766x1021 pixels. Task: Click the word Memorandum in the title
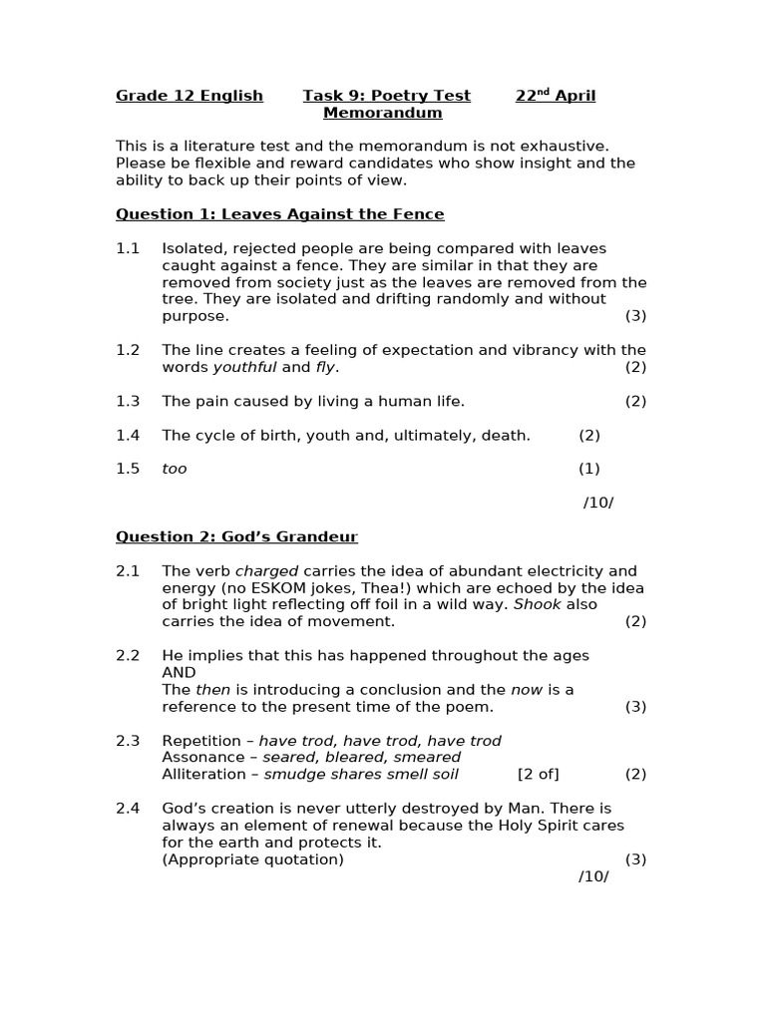[382, 114]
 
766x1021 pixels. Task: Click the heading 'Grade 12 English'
[190, 97]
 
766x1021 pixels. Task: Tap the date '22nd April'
[556, 97]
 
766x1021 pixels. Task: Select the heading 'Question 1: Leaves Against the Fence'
[279, 214]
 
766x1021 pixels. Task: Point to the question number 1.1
[128, 248]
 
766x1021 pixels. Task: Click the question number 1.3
[128, 402]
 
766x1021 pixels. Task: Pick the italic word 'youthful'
[244, 368]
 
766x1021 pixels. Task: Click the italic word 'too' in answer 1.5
[175, 470]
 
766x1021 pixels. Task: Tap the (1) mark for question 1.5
[589, 470]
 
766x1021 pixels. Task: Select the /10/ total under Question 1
[598, 504]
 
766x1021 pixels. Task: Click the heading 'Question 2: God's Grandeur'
[236, 537]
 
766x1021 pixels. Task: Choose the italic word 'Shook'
[538, 605]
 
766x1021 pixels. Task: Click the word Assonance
[204, 758]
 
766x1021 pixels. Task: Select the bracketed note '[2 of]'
[539, 775]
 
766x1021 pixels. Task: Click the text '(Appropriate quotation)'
[252, 859]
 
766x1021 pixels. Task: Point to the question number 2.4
[128, 809]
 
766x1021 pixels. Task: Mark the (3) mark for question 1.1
[636, 316]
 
